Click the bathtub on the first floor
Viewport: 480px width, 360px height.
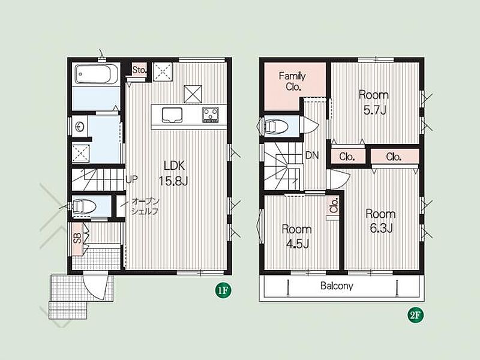(95, 74)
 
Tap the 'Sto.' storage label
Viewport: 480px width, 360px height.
(140, 70)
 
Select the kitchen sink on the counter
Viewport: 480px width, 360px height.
(172, 115)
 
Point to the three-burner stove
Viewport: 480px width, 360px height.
(211, 115)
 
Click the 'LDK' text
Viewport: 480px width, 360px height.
(174, 166)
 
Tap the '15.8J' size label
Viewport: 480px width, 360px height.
(173, 181)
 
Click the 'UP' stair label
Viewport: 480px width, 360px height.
(131, 179)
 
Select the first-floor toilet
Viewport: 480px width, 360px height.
(83, 206)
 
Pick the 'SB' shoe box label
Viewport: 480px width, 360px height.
(77, 238)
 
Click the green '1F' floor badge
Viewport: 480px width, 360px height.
(223, 290)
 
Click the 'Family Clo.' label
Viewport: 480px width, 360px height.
(292, 81)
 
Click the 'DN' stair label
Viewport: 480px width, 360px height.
(312, 155)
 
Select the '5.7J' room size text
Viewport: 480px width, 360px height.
(374, 110)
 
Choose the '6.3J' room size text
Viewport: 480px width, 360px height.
(382, 228)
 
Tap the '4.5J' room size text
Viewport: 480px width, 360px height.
(297, 244)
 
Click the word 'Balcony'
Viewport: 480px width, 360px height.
(337, 286)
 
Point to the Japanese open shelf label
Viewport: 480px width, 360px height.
(145, 206)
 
